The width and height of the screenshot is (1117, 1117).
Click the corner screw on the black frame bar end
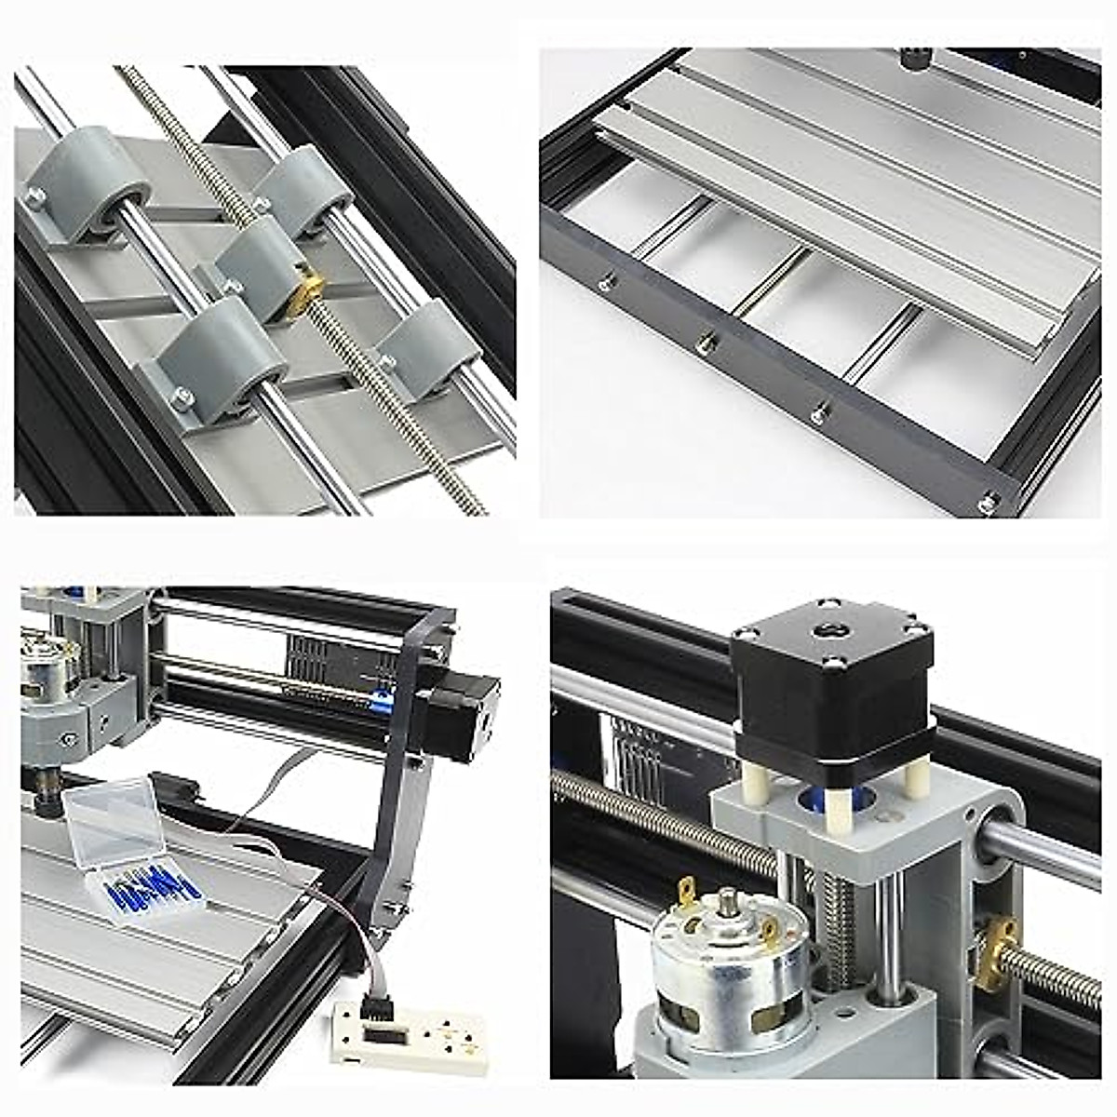[989, 503]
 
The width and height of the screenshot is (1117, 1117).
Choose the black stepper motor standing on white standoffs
[831, 680]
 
